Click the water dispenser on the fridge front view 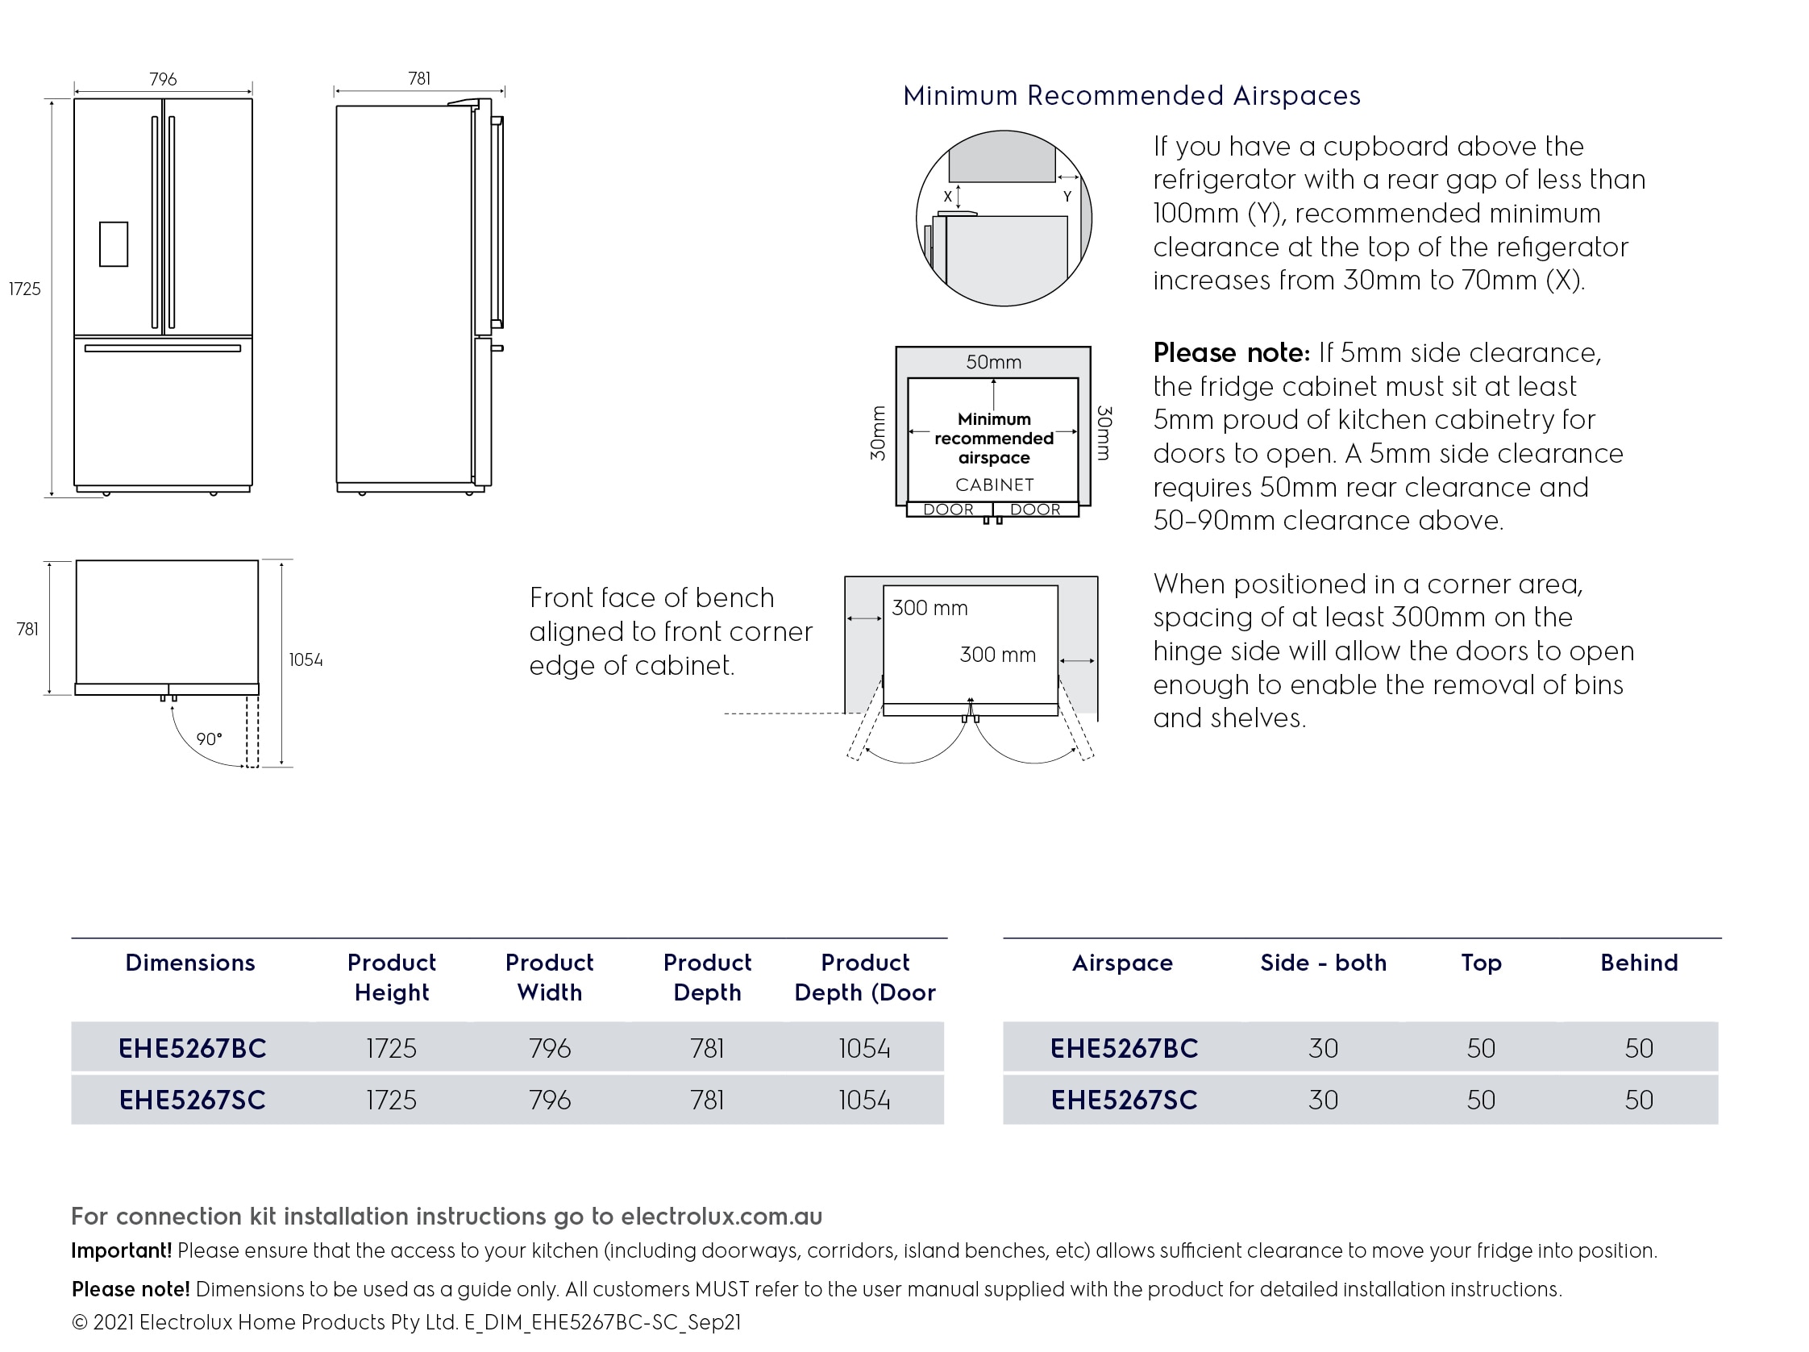(114, 243)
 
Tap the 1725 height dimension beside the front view (24, 289)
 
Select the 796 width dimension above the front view (163, 78)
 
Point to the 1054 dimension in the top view (305, 660)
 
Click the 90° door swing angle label (209, 739)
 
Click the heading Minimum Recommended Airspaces (1131, 96)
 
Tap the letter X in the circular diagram (948, 197)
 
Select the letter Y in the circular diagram (1067, 196)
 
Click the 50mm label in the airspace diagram (993, 361)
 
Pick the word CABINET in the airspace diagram (995, 485)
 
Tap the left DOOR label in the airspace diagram (948, 510)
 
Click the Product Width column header (549, 976)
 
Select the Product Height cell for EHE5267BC (391, 1048)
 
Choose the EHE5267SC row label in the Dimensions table (192, 1100)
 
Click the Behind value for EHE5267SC (1638, 1100)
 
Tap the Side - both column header (1322, 963)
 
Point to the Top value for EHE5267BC (1480, 1048)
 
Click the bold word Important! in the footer (121, 1250)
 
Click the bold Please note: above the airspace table (1231, 352)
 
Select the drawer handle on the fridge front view (163, 348)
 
